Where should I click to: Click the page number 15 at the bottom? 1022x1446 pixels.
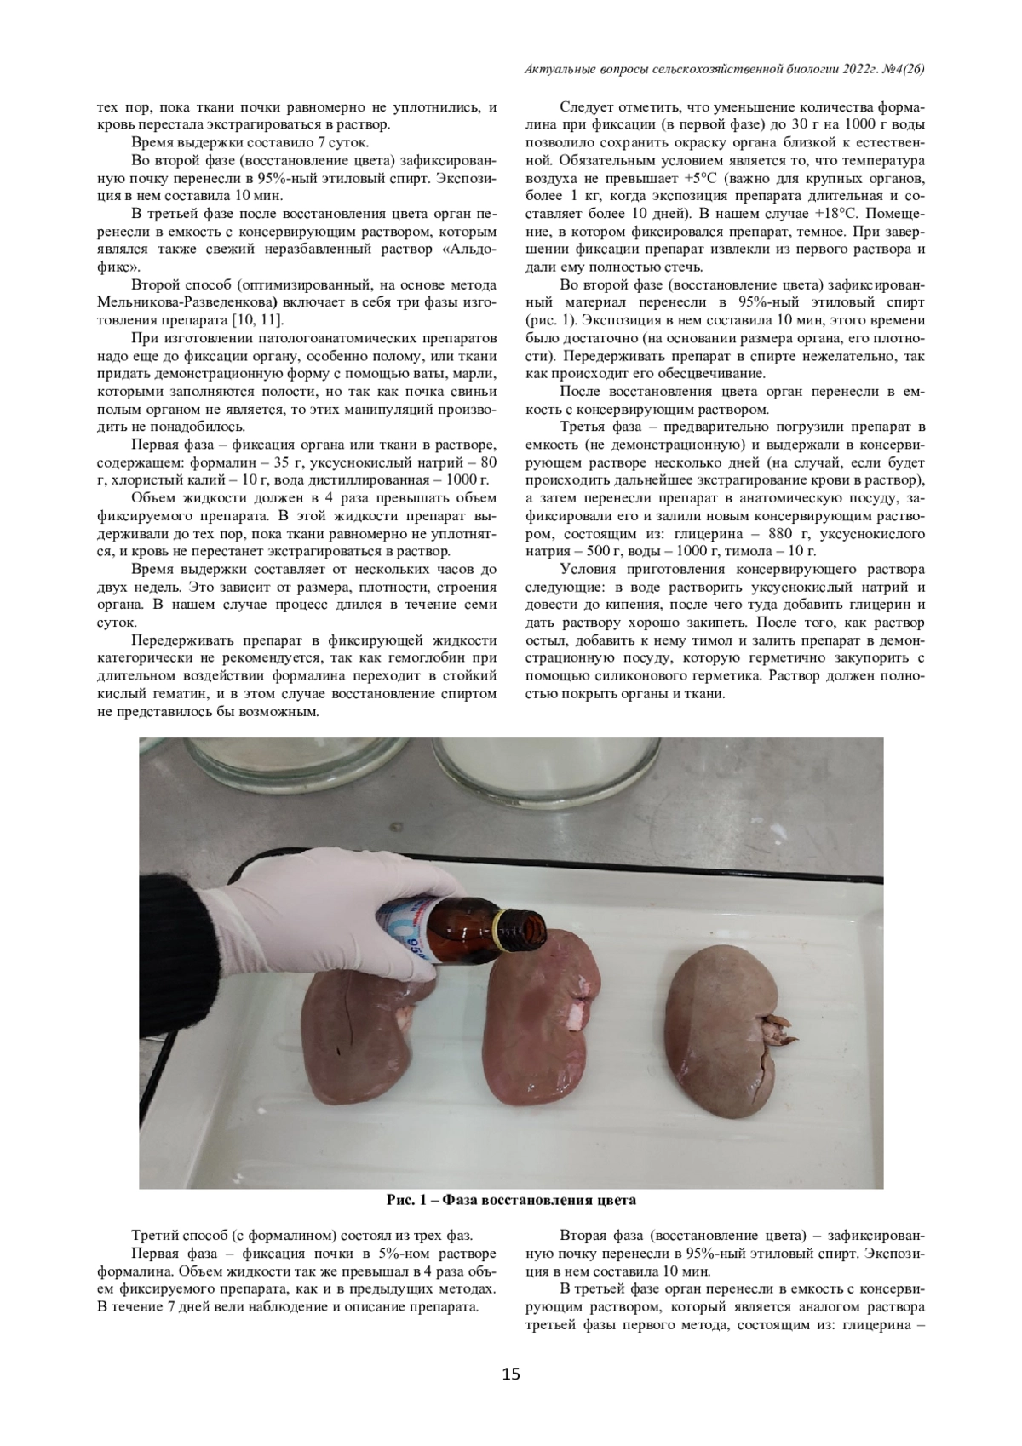coord(511,1374)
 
